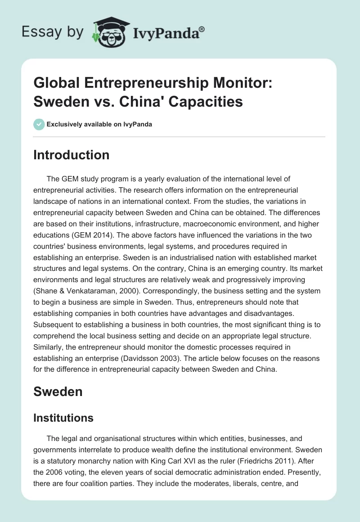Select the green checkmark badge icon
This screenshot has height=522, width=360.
coord(39,124)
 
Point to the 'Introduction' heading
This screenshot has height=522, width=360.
coord(72,155)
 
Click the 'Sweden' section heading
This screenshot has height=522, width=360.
coord(58,391)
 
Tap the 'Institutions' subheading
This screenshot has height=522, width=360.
coord(63,418)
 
